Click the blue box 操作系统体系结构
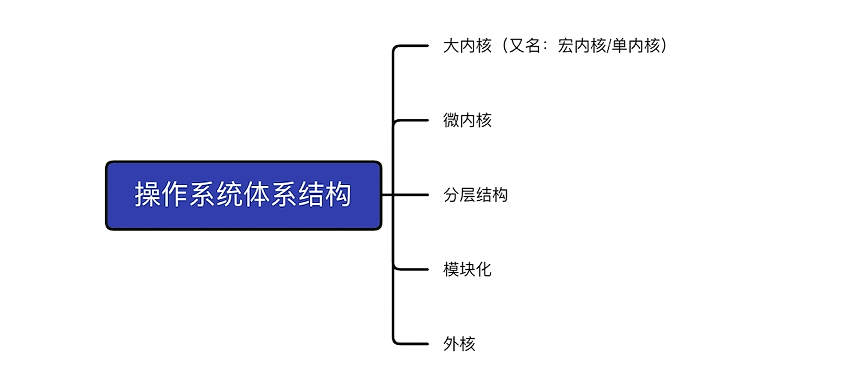243,195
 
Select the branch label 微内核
467,120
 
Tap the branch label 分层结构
475,195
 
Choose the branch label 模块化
467,269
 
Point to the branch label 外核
459,344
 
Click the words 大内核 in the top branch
467,46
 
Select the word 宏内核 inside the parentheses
582,46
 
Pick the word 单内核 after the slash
636,46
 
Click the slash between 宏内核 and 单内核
609,46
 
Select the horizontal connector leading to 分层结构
411,195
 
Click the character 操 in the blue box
148,194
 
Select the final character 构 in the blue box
339,194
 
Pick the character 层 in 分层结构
467,195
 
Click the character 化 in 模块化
484,269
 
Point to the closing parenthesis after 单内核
664,46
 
